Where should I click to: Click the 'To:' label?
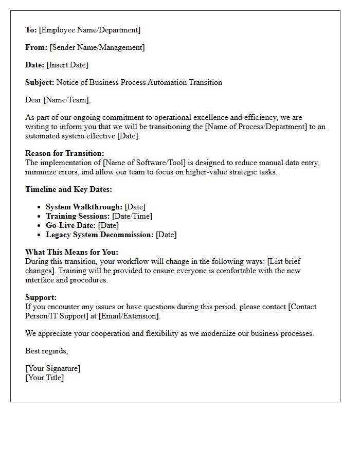click(x=31, y=30)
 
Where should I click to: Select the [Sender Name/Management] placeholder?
click(x=97, y=47)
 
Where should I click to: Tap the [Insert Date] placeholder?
click(x=67, y=65)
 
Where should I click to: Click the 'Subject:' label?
click(x=40, y=82)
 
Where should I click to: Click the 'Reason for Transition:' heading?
click(x=64, y=153)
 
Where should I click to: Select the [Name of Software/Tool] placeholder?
click(x=144, y=163)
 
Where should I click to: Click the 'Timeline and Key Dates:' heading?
click(x=68, y=189)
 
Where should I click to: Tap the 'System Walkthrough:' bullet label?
click(x=84, y=207)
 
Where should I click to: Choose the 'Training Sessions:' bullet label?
click(x=78, y=216)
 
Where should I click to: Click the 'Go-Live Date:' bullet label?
click(x=70, y=225)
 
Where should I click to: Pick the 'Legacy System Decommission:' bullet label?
click(x=99, y=235)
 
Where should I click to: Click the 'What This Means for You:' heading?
click(x=71, y=252)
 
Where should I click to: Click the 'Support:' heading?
click(x=41, y=297)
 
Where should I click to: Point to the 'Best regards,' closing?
click(x=46, y=351)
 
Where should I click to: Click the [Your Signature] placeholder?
click(x=52, y=368)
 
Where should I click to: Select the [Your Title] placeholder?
click(x=44, y=378)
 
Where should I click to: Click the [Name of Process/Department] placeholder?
click(x=256, y=127)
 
